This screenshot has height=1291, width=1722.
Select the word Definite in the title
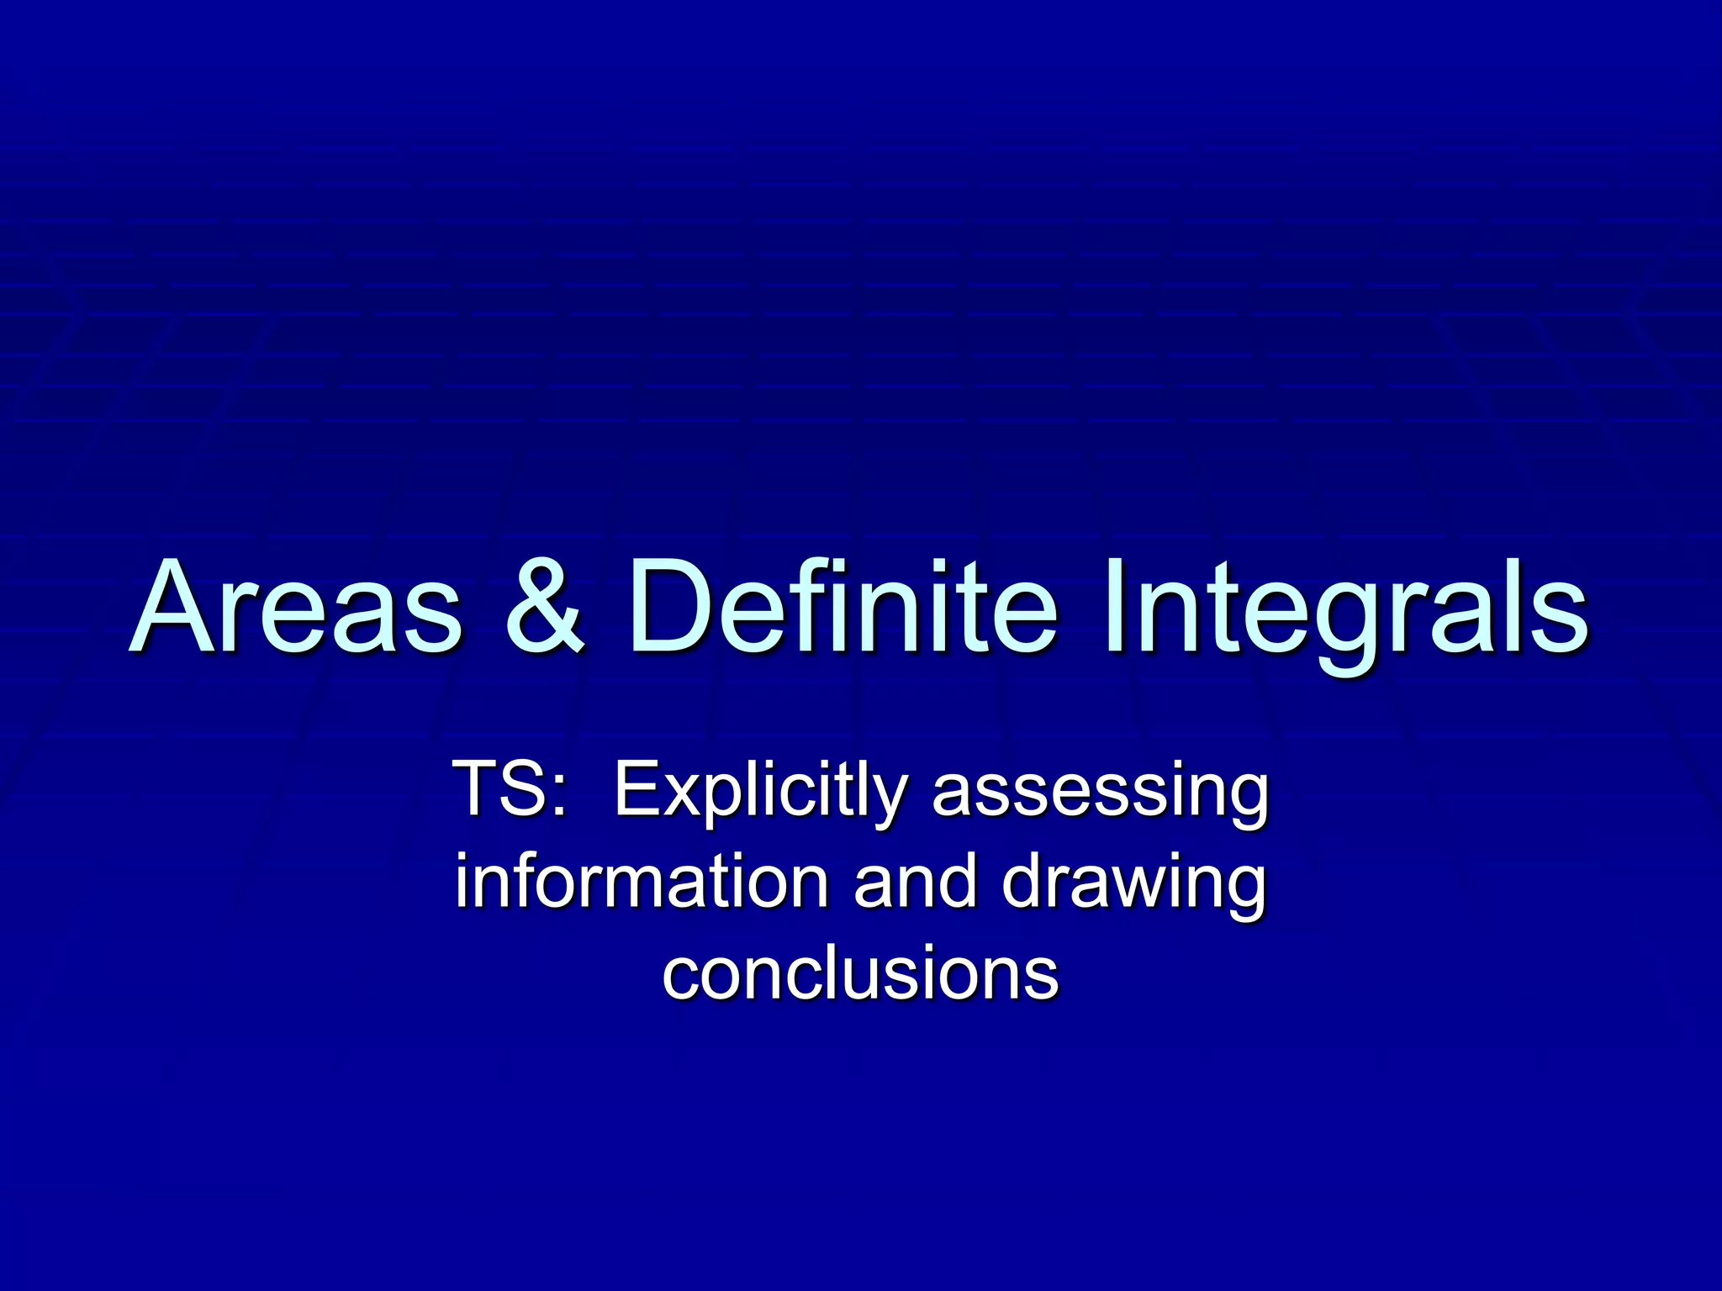[x=842, y=607]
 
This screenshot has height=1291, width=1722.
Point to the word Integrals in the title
[x=1345, y=607]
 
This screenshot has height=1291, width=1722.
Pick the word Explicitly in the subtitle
[x=760, y=790]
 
